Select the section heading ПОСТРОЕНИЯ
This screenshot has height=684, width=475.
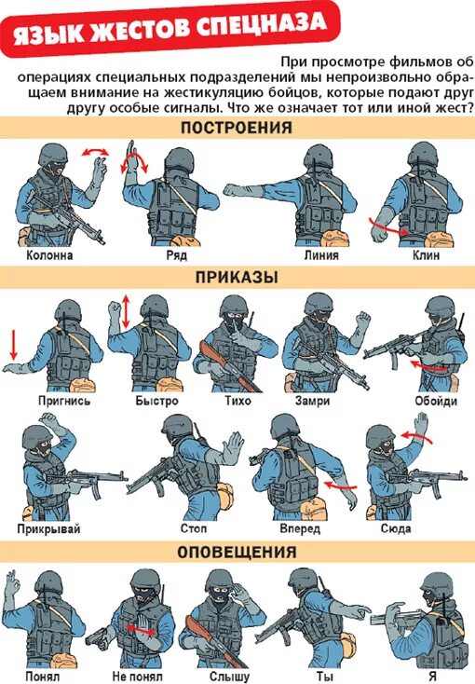pos(237,129)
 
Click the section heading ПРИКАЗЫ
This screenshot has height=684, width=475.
pos(237,277)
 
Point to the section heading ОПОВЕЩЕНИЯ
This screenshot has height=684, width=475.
pos(237,552)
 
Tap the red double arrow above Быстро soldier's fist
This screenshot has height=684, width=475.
pos(125,310)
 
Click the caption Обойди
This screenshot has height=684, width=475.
pos(436,401)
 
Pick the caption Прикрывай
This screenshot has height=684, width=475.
pos(48,529)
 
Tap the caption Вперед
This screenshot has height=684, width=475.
pos(299,529)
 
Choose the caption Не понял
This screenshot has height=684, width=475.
pos(137,676)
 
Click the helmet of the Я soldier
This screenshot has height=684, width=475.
pos(434,585)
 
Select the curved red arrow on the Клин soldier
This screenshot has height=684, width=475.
pos(387,225)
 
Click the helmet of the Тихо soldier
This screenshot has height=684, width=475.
pos(233,309)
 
